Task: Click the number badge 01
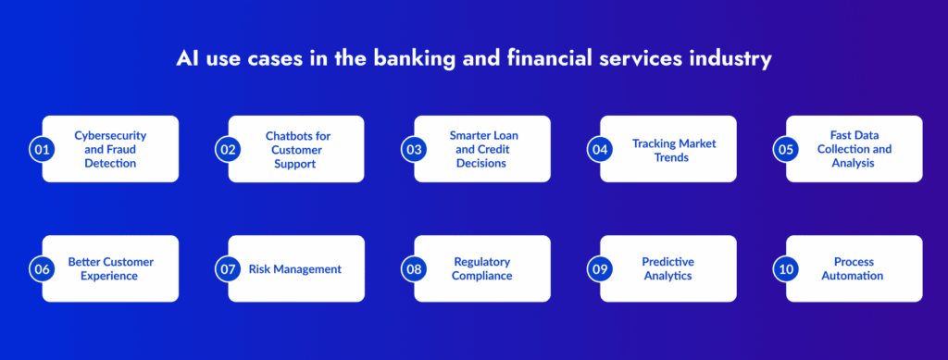(x=42, y=149)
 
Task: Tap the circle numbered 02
(x=228, y=149)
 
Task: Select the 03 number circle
(x=414, y=149)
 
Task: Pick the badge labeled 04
(x=600, y=149)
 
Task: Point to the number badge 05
(x=786, y=149)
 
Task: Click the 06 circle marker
(x=42, y=268)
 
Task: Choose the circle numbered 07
(x=228, y=268)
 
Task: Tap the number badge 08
(x=414, y=268)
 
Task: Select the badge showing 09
(x=600, y=268)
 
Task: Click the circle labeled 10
(x=786, y=268)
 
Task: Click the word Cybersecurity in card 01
(x=111, y=136)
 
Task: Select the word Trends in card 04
(x=674, y=156)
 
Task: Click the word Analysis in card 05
(x=854, y=163)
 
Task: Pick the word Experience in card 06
(x=111, y=276)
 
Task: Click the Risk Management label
(x=295, y=269)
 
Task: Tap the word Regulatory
(x=482, y=262)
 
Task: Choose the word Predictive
(x=668, y=262)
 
